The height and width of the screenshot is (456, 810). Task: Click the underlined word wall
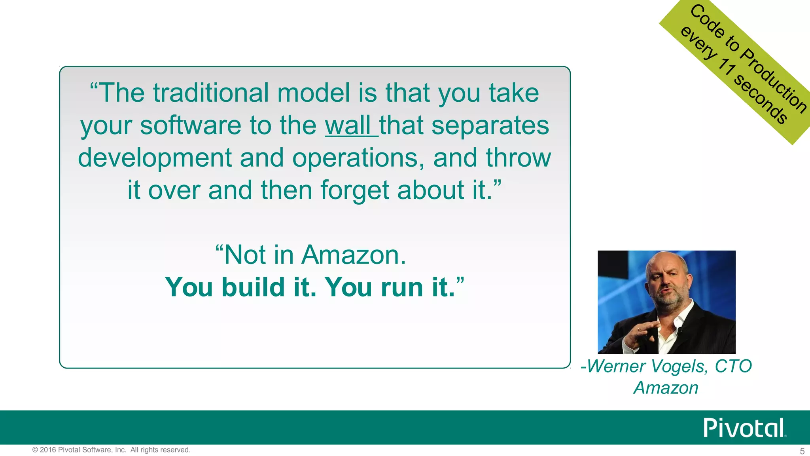(x=348, y=126)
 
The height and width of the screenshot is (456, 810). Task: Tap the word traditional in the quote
(x=211, y=93)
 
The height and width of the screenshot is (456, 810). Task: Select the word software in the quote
(x=190, y=126)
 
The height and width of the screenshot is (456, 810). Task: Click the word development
(x=155, y=158)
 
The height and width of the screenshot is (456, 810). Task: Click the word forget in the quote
(x=355, y=190)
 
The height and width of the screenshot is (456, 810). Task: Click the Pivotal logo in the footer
(x=744, y=428)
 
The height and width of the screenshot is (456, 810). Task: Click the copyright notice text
(x=111, y=450)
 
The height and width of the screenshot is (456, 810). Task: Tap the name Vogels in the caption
(x=679, y=366)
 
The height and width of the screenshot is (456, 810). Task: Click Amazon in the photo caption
(x=666, y=388)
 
